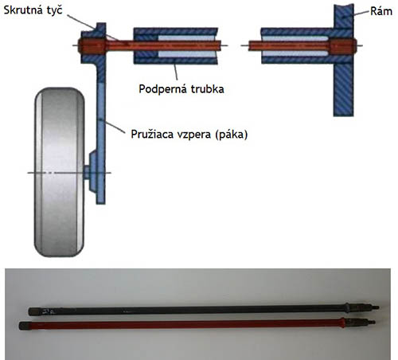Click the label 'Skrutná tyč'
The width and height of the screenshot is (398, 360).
click(x=33, y=10)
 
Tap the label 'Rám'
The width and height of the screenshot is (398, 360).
click(x=381, y=11)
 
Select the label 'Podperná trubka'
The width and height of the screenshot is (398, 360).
click(x=181, y=89)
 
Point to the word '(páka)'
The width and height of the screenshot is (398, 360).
click(x=232, y=135)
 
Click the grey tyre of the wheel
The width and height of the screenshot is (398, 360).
click(x=60, y=172)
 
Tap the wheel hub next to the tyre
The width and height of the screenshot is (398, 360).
click(x=92, y=172)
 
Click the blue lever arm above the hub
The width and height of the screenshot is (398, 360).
click(x=101, y=117)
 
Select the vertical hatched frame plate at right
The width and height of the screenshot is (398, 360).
click(x=344, y=61)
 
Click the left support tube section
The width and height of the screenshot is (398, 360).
click(x=176, y=45)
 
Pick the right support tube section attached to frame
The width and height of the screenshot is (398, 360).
click(x=297, y=45)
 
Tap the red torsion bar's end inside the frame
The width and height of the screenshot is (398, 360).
click(x=343, y=46)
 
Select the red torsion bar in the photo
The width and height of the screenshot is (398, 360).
click(x=197, y=324)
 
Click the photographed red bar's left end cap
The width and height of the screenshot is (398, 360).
click(x=25, y=326)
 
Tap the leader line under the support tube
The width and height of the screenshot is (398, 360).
click(x=175, y=72)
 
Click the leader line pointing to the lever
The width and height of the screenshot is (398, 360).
click(x=111, y=126)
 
